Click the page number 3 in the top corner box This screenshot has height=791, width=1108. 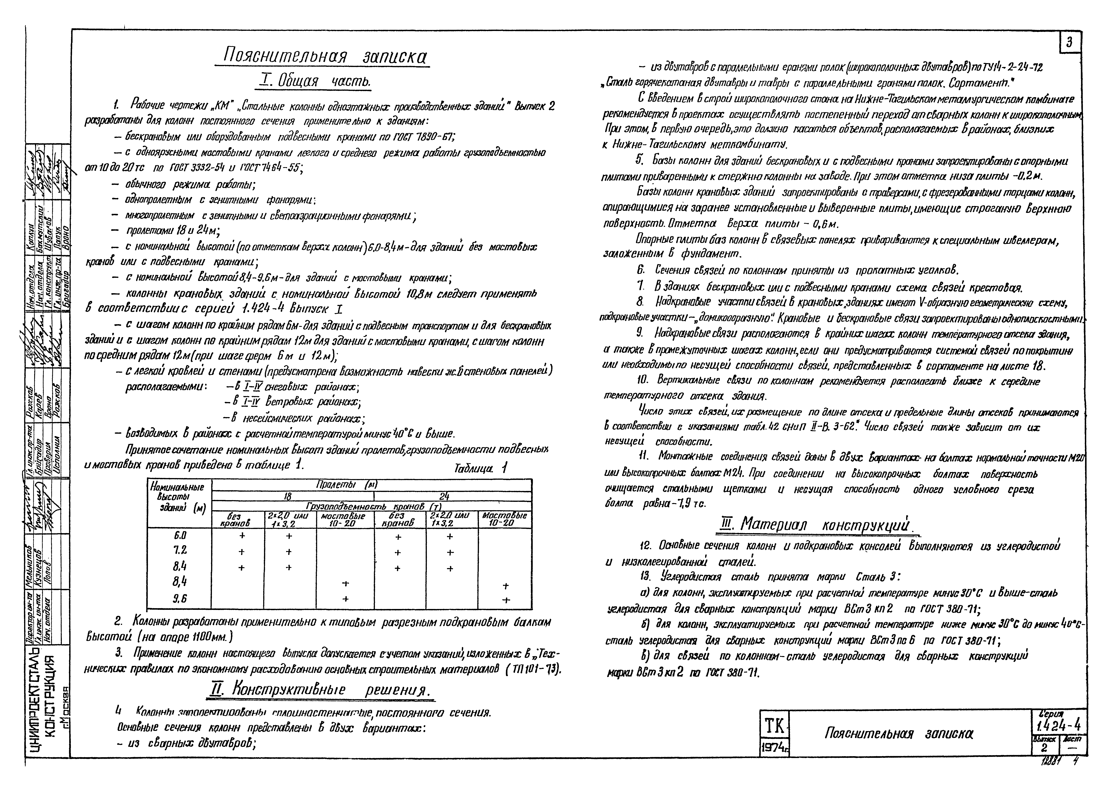point(1070,42)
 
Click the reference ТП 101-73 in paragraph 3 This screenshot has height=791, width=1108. point(534,669)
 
